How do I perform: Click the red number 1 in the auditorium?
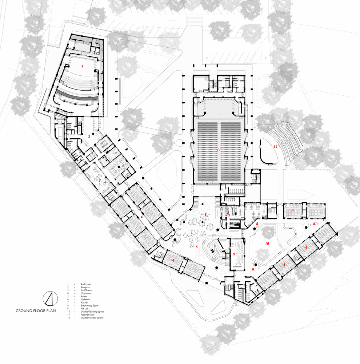[82, 67]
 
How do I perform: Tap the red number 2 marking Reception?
[89, 136]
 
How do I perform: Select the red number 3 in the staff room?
[99, 180]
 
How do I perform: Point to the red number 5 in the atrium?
[197, 247]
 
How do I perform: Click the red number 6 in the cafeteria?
[205, 214]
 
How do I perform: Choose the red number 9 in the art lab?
[234, 254]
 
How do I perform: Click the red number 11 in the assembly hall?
[219, 150]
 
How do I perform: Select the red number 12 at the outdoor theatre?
[275, 147]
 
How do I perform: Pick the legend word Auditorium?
[86, 284]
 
